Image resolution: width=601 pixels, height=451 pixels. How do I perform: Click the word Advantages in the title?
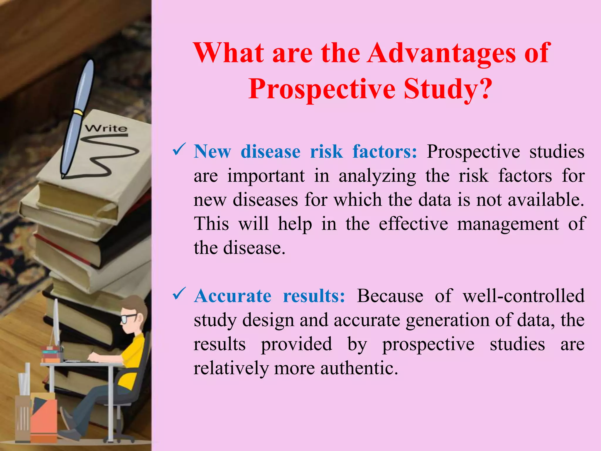pos(441,53)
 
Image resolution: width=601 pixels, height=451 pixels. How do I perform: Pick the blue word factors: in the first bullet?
pos(384,152)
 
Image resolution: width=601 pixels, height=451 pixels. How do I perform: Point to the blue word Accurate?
pos(233,296)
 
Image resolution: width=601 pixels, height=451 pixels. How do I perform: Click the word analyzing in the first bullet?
pos(377,176)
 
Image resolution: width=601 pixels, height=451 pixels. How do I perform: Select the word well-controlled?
pos(524,296)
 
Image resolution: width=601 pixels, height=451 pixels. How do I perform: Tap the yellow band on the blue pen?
pos(78,112)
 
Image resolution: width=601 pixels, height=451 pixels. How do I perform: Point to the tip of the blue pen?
pos(63,176)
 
